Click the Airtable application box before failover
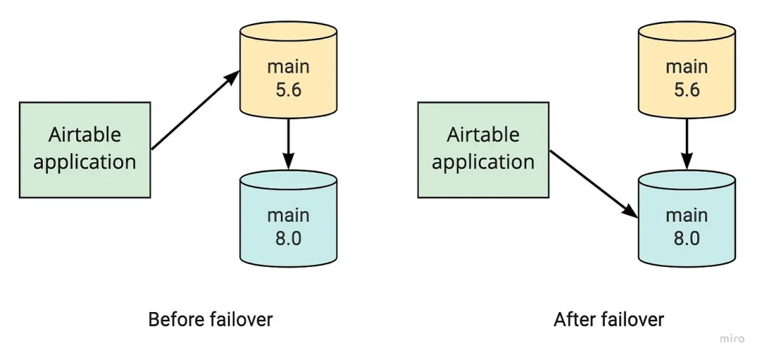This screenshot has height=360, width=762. click(x=85, y=149)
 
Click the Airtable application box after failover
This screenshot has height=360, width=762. click(x=483, y=149)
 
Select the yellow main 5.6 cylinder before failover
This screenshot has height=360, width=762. click(x=288, y=78)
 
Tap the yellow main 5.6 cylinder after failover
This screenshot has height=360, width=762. click(x=687, y=78)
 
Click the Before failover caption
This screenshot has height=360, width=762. click(x=210, y=319)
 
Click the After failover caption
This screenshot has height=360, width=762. click(x=609, y=319)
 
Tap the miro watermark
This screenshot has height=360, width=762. click(x=732, y=339)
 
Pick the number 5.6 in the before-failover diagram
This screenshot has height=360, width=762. click(x=288, y=90)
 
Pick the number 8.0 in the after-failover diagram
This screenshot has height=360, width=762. click(x=687, y=238)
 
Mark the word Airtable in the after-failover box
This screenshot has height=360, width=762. click(x=483, y=134)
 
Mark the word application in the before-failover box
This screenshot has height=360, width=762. click(x=85, y=162)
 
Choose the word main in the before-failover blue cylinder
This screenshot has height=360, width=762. click(x=288, y=214)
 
